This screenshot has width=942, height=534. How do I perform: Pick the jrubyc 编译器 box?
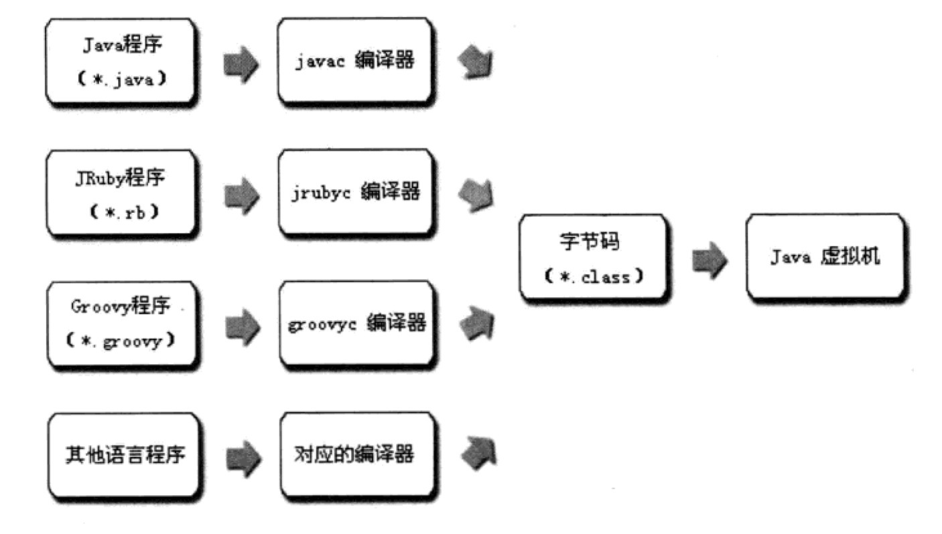pyautogui.click(x=355, y=193)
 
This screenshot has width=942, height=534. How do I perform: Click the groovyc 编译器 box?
pyautogui.click(x=355, y=325)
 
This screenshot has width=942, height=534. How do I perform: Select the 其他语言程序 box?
pyautogui.click(x=124, y=456)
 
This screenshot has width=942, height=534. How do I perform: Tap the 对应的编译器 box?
pyautogui.click(x=355, y=456)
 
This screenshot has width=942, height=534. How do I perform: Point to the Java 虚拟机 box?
pyautogui.click(x=823, y=258)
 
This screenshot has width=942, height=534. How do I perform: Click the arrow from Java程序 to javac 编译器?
pyautogui.click(x=239, y=64)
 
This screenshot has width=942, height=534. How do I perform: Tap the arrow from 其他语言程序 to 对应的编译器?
pyautogui.click(x=239, y=458)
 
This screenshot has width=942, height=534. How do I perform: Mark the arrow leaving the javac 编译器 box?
pyautogui.click(x=476, y=63)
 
